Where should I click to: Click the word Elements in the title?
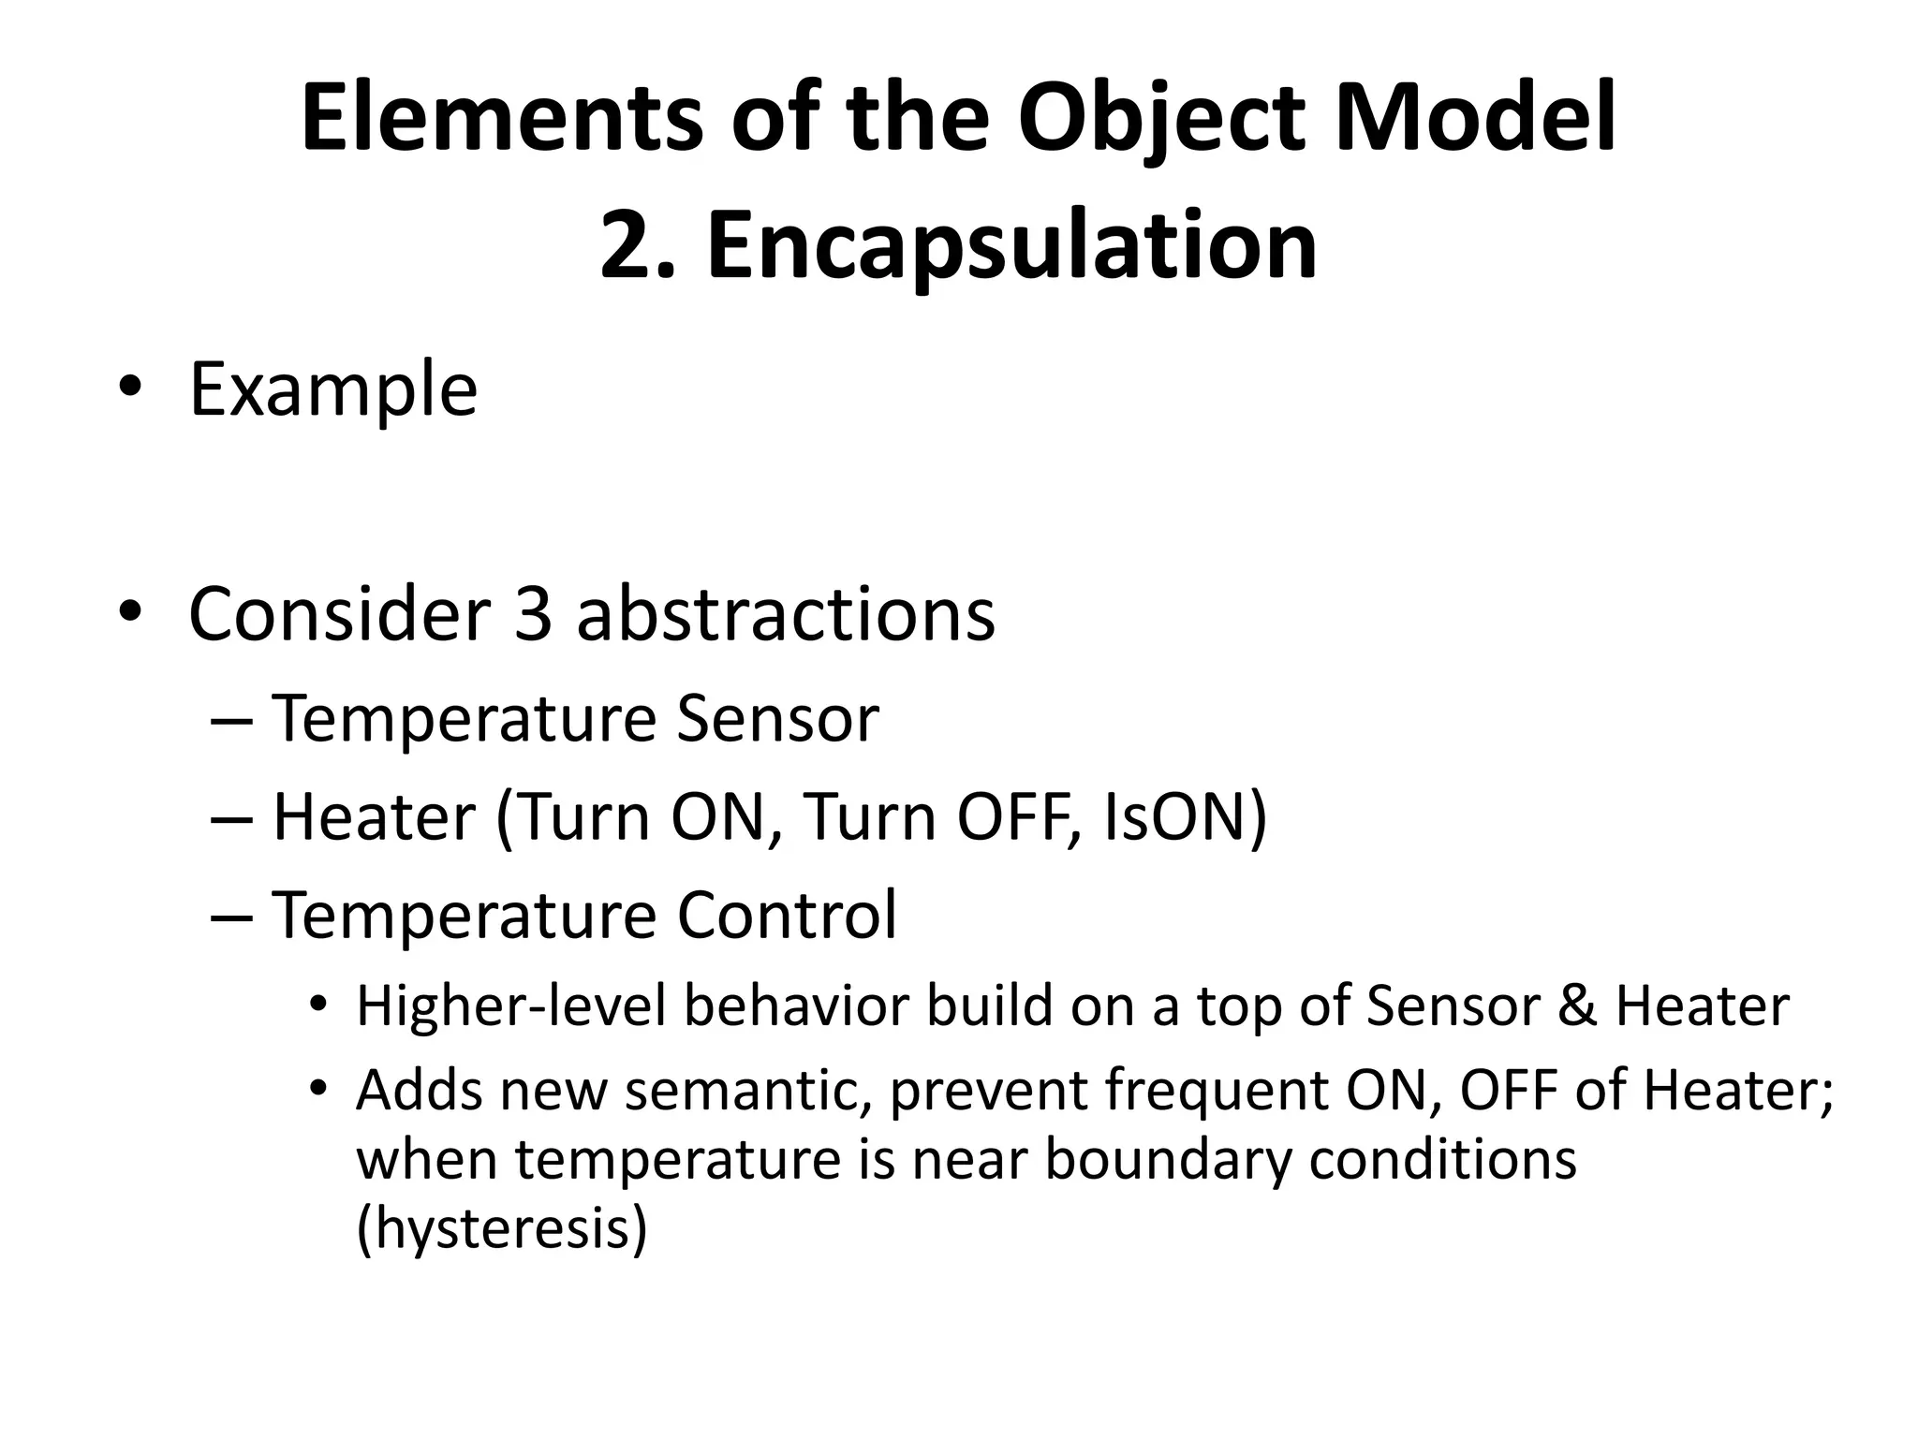pyautogui.click(x=501, y=118)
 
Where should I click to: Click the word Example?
pyautogui.click(x=333, y=389)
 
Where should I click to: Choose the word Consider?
pyautogui.click(x=339, y=614)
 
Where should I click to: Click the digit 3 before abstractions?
pyautogui.click(x=533, y=614)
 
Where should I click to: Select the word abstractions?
pyautogui.click(x=786, y=614)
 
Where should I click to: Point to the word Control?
pyautogui.click(x=787, y=914)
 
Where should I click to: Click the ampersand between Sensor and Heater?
pyautogui.click(x=1576, y=1006)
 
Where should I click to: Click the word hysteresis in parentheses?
pyautogui.click(x=502, y=1228)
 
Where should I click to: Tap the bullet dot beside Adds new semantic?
pyautogui.click(x=318, y=1089)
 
